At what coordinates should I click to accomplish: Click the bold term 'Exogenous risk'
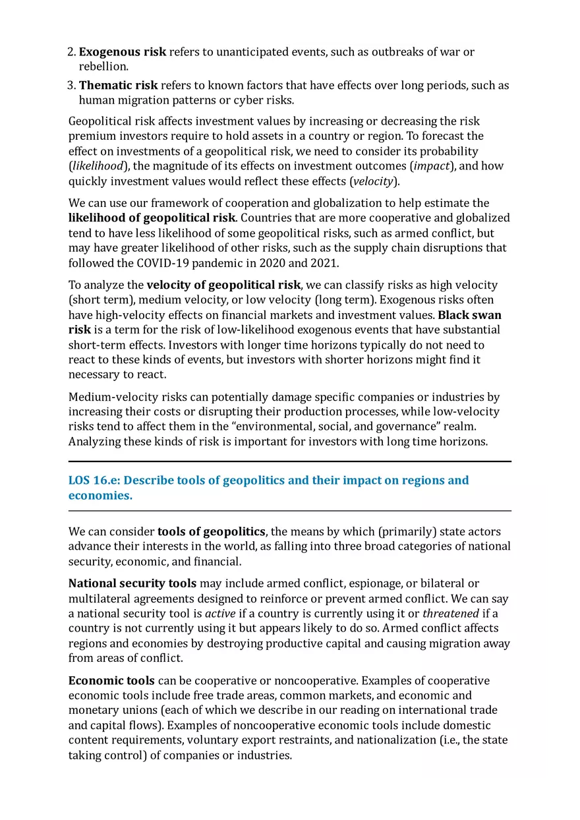(x=123, y=51)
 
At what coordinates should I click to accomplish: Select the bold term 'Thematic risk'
(x=119, y=85)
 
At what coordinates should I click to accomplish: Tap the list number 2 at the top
(x=72, y=51)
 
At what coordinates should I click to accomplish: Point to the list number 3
(x=72, y=85)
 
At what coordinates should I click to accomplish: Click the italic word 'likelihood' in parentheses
(x=98, y=166)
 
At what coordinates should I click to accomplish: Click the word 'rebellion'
(x=102, y=67)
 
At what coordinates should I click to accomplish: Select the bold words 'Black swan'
(x=469, y=315)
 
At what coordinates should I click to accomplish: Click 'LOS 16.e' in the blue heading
(x=96, y=480)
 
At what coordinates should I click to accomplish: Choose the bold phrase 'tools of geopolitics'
(x=211, y=531)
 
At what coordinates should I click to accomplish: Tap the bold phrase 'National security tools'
(x=132, y=583)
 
